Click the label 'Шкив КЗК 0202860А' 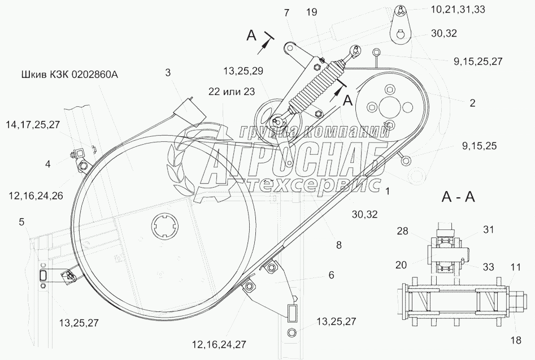(x=69, y=75)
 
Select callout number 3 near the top (x=168, y=73)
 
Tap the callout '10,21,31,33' (x=458, y=9)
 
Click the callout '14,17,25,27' (x=32, y=125)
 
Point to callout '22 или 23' (x=232, y=92)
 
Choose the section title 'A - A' (x=458, y=197)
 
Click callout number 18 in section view (x=516, y=340)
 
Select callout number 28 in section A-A (x=403, y=231)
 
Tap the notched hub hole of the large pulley (x=165, y=225)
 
